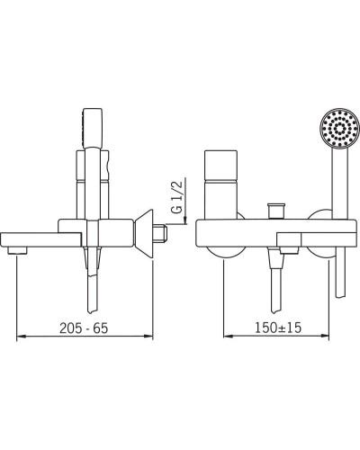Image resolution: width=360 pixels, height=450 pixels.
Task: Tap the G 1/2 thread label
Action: point(177,196)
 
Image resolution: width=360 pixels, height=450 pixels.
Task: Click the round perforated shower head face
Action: point(339,128)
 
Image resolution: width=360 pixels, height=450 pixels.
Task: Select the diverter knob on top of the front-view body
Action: point(275,211)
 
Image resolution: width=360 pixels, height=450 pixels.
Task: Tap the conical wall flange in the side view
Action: point(144,234)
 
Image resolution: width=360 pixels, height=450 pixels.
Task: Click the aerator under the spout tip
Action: point(17,250)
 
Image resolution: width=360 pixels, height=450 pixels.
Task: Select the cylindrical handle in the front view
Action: point(220,184)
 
